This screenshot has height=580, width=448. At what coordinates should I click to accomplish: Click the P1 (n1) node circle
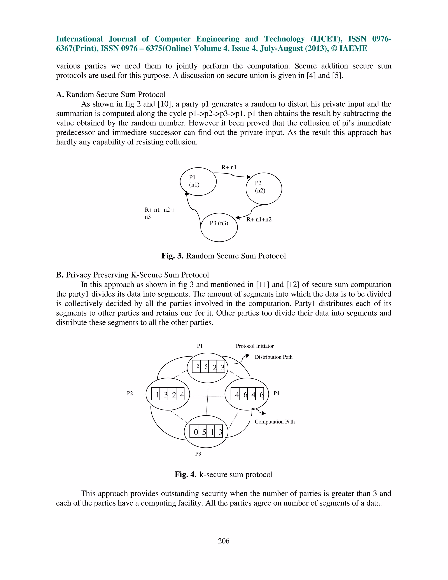point(198,182)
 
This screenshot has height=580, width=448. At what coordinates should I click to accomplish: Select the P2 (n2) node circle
point(264,188)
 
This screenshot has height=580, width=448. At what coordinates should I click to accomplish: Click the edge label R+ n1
point(229,167)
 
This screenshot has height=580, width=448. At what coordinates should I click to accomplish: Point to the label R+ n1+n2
point(259,219)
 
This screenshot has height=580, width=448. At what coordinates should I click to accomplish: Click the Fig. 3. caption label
point(172,256)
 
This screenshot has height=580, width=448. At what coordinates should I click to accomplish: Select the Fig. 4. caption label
point(185,474)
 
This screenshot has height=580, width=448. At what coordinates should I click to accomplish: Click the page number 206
point(224,541)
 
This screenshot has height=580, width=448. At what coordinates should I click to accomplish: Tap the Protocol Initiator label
point(255,346)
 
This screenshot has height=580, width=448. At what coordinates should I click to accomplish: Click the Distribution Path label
point(273,357)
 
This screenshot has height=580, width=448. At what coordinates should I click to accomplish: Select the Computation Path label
point(275,422)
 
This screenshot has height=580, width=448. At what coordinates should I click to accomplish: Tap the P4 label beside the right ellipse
point(276,393)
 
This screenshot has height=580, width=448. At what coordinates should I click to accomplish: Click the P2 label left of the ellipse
point(129,393)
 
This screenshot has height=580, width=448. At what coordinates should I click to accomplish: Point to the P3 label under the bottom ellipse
point(198,453)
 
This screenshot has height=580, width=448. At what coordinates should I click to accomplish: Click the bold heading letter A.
point(60,95)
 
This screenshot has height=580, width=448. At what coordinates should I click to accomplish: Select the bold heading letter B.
point(59,275)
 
